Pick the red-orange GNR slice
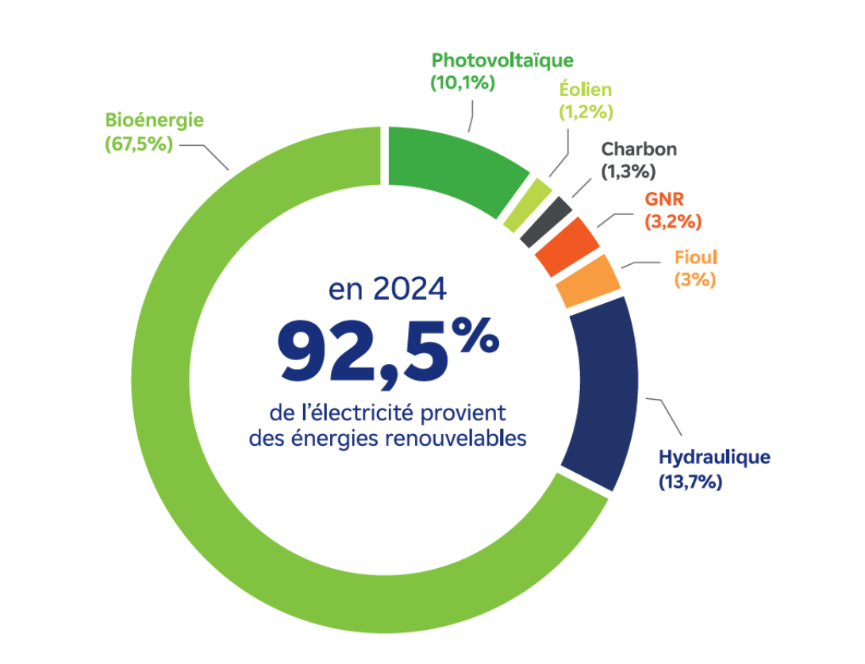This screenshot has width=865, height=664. click(x=567, y=245)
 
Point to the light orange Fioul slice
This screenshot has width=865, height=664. click(x=587, y=281)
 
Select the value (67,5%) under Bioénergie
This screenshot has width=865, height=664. click(x=139, y=144)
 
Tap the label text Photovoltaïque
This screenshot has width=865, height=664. click(x=502, y=60)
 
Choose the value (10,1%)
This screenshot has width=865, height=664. click(x=463, y=83)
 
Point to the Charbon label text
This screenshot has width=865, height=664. click(x=639, y=148)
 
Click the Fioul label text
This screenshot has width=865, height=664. click(x=695, y=258)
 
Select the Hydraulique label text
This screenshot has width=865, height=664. click(x=714, y=458)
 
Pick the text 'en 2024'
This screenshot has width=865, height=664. click(x=387, y=290)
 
